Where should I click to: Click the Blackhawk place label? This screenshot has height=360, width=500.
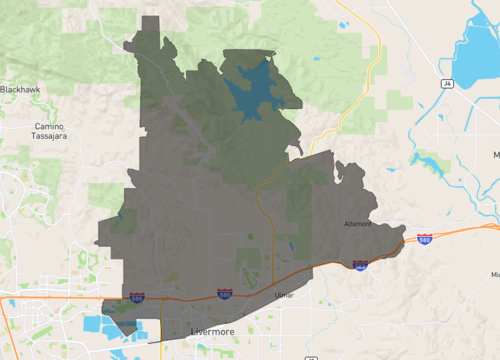click(x=21, y=90)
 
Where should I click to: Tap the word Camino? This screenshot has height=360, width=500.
click(x=48, y=127)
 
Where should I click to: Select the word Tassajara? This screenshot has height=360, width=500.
click(x=48, y=139)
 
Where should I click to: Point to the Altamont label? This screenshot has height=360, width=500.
click(x=357, y=224)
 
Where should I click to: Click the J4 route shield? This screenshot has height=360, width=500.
click(x=448, y=85)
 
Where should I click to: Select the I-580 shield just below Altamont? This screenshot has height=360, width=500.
click(x=360, y=265)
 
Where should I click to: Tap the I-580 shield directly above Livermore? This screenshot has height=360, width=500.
click(x=226, y=294)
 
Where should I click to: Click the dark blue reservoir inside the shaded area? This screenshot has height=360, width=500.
click(x=255, y=90)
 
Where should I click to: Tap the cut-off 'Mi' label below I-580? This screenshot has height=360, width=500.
click(x=494, y=274)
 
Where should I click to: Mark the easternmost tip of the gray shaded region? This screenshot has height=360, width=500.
click(x=406, y=238)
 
